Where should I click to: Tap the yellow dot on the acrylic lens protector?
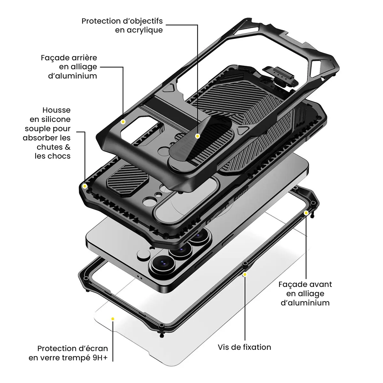point(198,136)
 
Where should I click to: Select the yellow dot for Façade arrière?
point(123,122)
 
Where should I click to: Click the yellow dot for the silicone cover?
point(85,186)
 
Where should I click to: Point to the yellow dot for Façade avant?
point(306,213)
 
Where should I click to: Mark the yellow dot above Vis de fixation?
point(245,274)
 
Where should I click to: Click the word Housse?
point(56,110)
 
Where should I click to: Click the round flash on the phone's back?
point(144,254)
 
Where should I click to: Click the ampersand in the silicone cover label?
point(68,147)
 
